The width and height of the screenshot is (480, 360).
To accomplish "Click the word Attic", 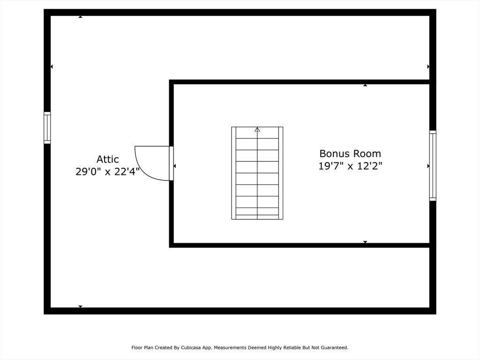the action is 107,159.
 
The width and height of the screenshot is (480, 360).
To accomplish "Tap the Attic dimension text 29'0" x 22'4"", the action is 107,172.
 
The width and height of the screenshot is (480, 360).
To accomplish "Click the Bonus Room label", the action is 350,153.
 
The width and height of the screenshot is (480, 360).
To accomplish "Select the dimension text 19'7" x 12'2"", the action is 350,166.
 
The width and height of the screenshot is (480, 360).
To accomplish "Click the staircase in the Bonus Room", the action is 257,173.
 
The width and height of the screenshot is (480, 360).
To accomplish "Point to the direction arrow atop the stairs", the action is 257,129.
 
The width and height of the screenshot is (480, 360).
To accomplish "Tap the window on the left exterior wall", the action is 47,127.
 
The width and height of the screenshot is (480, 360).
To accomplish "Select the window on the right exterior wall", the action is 433,165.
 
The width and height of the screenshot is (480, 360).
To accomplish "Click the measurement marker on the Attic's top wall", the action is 80,17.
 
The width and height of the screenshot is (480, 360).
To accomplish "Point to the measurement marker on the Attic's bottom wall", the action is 80,307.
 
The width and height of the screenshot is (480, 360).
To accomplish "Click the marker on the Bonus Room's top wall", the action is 365,85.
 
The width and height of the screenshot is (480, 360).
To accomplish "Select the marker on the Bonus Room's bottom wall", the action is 365,242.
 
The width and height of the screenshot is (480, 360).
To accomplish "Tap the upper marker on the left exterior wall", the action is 52,67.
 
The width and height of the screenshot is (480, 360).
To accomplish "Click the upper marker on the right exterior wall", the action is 428,67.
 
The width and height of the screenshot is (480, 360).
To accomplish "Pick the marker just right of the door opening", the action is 174,166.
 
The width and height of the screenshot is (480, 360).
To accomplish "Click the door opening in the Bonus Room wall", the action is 172,164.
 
